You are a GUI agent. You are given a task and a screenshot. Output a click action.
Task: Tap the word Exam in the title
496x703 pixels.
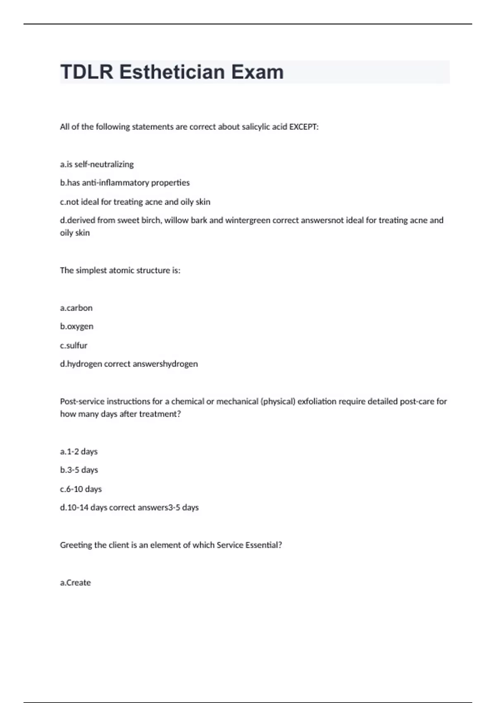(x=257, y=72)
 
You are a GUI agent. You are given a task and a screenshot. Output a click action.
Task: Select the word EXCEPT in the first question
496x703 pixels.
(x=303, y=127)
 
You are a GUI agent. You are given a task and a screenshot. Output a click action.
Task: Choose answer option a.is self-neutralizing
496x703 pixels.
(x=97, y=165)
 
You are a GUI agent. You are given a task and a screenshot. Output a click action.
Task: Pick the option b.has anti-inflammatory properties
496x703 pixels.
(x=125, y=183)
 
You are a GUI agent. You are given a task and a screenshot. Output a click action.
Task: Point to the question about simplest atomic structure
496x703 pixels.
(x=120, y=270)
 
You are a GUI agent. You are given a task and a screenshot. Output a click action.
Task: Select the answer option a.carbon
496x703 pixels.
(x=76, y=308)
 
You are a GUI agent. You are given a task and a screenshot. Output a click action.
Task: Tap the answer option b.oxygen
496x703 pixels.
(x=76, y=326)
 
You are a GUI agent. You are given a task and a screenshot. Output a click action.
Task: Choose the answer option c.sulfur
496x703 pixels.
(x=74, y=345)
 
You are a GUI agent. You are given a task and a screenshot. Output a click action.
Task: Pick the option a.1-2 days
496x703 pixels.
(x=79, y=452)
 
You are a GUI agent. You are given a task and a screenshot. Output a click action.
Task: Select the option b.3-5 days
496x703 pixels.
(x=79, y=470)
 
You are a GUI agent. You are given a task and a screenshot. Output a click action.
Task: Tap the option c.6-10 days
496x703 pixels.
(x=81, y=489)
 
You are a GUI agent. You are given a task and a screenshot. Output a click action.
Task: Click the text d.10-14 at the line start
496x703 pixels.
(x=74, y=507)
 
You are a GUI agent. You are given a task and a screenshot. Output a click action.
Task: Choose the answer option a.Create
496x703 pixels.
(x=75, y=583)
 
